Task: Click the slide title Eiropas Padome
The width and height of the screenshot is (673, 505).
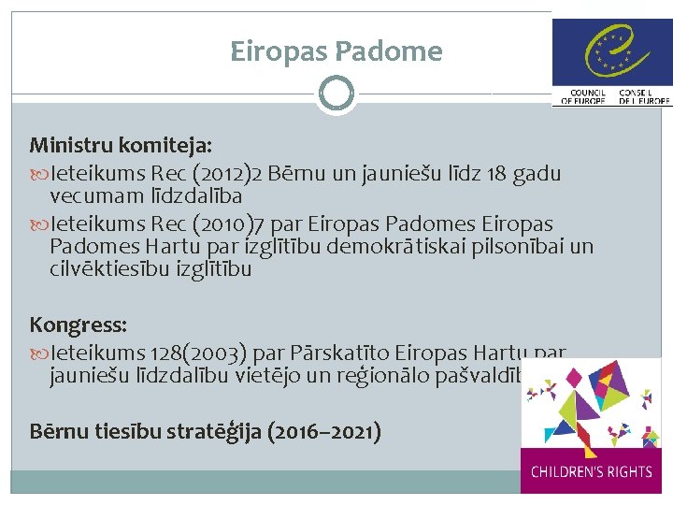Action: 336,50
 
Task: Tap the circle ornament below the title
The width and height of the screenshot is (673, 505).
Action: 336,94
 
